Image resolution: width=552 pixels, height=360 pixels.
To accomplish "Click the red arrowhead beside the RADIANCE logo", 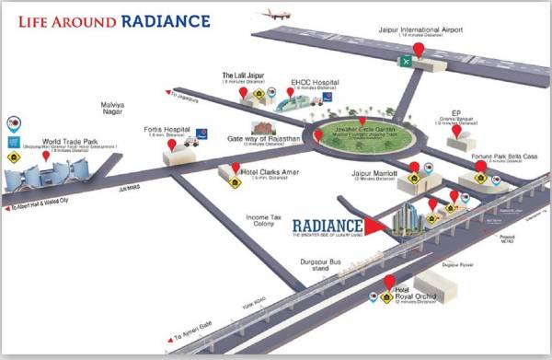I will coord(374,224).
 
